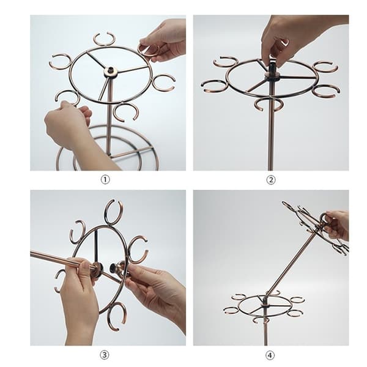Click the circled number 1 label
pos(105,180)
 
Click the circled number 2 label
pos(271,180)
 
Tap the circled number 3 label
pos(105,355)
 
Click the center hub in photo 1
pos(110,72)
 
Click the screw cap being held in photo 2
pos(273,66)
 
